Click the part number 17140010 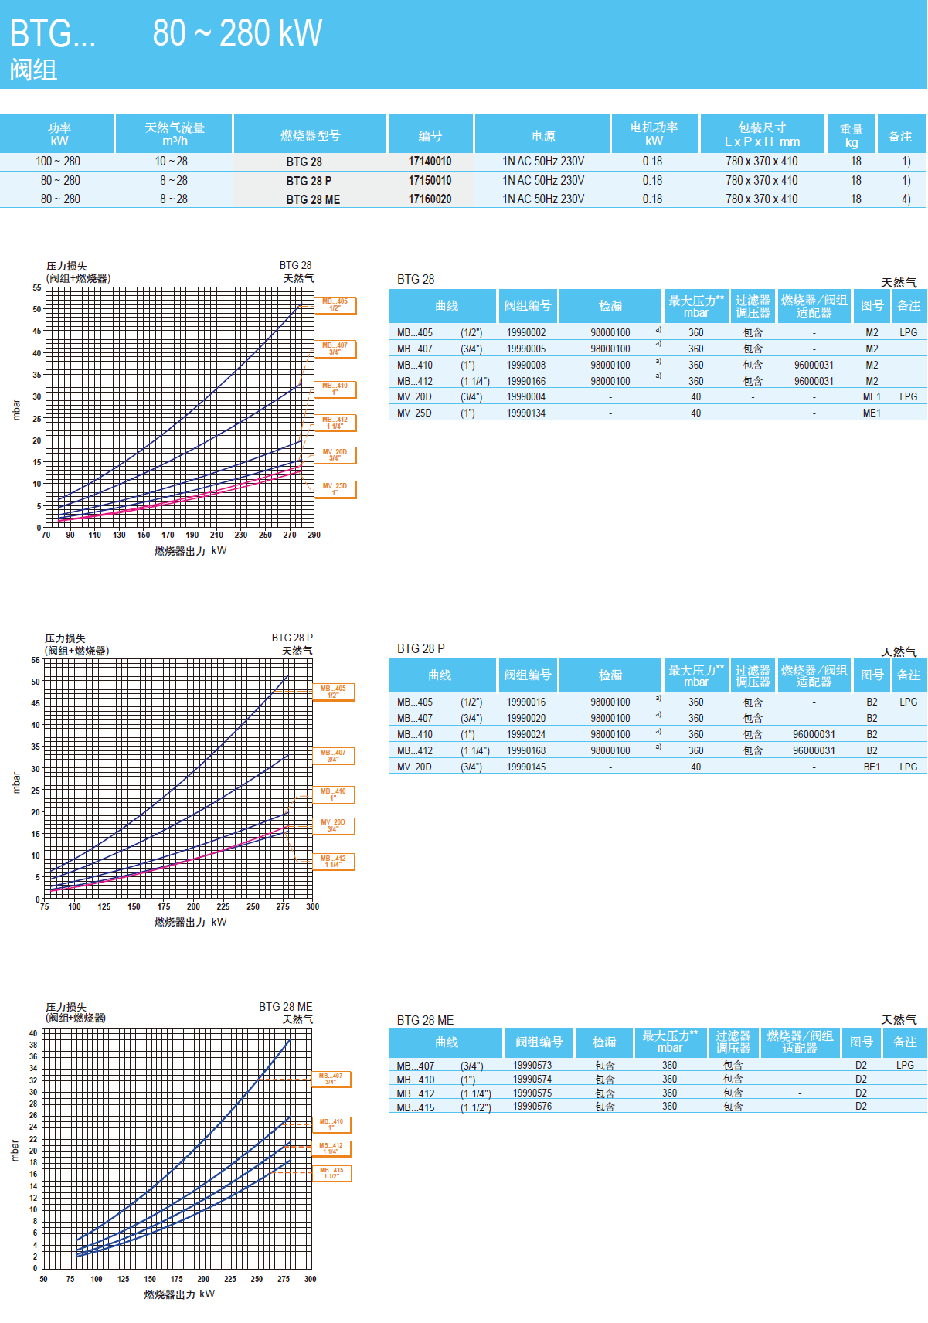pos(430,162)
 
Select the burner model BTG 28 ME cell pos(313,199)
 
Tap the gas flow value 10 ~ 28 pos(172,162)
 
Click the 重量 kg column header pos(852,135)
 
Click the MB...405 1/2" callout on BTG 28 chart pos(335,305)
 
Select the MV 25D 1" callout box pos(335,489)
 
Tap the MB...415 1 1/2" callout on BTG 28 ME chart pos(331,1173)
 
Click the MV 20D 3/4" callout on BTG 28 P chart pos(333,825)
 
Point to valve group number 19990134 pos(526,413)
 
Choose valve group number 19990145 pos(526,767)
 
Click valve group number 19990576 pos(532,1107)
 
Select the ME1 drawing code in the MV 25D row pos(872,413)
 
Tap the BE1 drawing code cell pos(872,767)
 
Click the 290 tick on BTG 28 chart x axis pos(314,535)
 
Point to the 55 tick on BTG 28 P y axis pos(36,660)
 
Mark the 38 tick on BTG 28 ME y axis pos(33,1045)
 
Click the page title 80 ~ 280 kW pos(237,33)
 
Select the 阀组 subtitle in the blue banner pos(33,70)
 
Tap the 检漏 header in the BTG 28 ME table pos(604,1042)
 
